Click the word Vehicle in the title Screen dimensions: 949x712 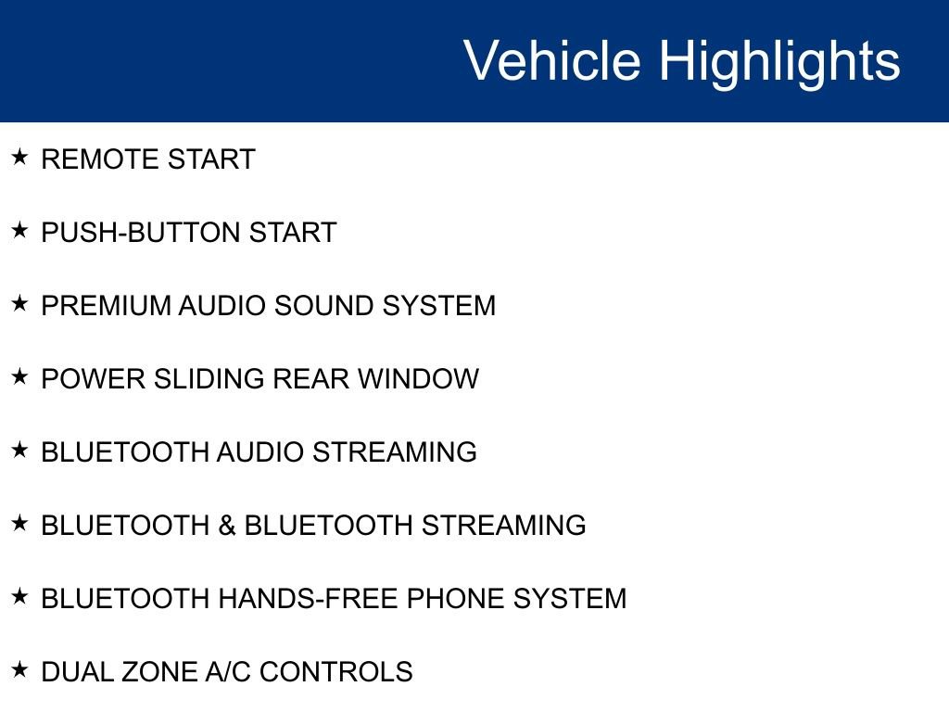click(552, 60)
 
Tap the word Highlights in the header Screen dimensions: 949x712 click(779, 63)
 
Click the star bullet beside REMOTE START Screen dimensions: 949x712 click(19, 157)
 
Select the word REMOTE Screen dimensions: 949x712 click(99, 159)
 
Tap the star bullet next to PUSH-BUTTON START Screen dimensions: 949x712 click(19, 230)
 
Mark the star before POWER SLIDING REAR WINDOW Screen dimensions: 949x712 click(19, 376)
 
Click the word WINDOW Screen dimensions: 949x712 click(418, 379)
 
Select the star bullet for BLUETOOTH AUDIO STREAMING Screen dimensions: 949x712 click(19, 450)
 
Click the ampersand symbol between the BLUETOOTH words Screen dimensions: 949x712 click(227, 526)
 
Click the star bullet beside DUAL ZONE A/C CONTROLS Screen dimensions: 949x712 click(19, 669)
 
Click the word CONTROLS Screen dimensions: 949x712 click(336, 672)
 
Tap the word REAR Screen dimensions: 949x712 click(311, 379)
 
